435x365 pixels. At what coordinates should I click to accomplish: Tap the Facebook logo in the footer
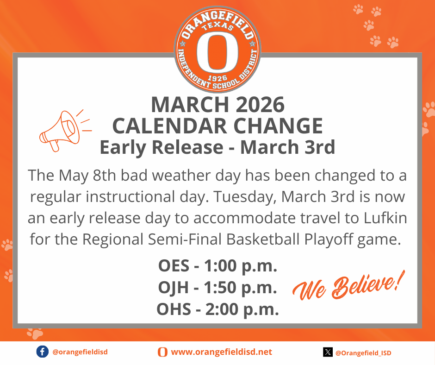coord(42,352)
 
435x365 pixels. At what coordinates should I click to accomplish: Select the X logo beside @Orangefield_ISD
coord(328,352)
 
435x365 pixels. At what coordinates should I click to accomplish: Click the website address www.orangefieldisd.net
coord(221,352)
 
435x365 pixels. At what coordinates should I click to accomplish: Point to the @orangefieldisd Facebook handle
coord(80,352)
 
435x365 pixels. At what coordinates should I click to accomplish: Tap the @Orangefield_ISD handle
coord(363,352)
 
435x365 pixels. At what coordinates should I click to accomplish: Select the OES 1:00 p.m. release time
coord(217,266)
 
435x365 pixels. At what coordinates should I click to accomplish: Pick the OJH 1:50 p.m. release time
coord(217,288)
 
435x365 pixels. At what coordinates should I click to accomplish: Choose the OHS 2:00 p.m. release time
coord(217,308)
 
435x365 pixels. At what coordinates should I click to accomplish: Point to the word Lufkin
coord(385,218)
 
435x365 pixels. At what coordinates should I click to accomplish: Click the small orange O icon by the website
coord(162,352)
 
